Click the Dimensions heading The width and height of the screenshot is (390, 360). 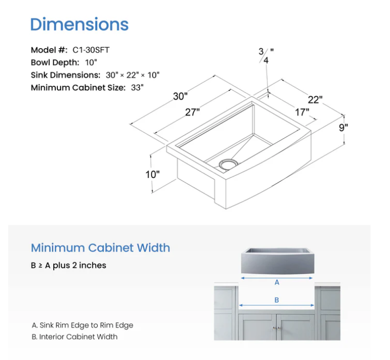[79, 24]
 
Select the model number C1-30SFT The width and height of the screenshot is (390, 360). [91, 50]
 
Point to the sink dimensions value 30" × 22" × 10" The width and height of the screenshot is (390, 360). [133, 75]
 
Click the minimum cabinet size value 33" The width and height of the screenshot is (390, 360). [137, 87]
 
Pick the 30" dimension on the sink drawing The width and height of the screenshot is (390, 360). [180, 97]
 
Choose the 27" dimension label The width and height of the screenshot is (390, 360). [192, 112]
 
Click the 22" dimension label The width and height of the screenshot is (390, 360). [315, 100]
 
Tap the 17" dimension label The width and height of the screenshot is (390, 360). [302, 112]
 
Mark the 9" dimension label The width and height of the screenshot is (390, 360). [343, 128]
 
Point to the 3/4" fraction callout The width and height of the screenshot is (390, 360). [266, 55]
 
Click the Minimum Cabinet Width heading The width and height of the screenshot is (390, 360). [100, 248]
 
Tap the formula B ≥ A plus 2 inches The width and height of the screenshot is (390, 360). [69, 265]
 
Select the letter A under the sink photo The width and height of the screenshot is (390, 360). [277, 282]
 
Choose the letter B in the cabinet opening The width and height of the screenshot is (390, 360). [277, 300]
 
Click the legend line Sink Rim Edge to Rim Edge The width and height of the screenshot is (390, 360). [82, 325]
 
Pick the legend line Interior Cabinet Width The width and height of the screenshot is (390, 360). [74, 336]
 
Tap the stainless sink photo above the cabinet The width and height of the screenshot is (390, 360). [276, 260]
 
